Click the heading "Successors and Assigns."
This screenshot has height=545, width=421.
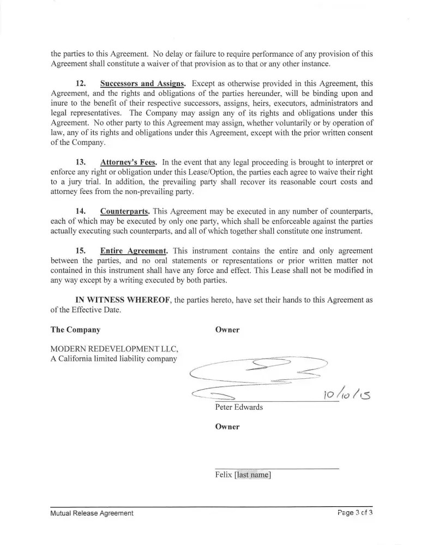(x=143, y=83)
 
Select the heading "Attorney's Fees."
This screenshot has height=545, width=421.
(x=129, y=162)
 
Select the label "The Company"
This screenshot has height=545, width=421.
(x=75, y=330)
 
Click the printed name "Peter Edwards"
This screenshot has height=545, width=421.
(x=239, y=407)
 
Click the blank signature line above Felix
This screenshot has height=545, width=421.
(x=277, y=468)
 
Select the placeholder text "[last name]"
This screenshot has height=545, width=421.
(x=252, y=475)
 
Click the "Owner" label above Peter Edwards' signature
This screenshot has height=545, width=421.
(x=227, y=330)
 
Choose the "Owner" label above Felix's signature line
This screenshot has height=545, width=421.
(x=227, y=427)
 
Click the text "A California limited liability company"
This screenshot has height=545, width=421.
(x=114, y=359)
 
